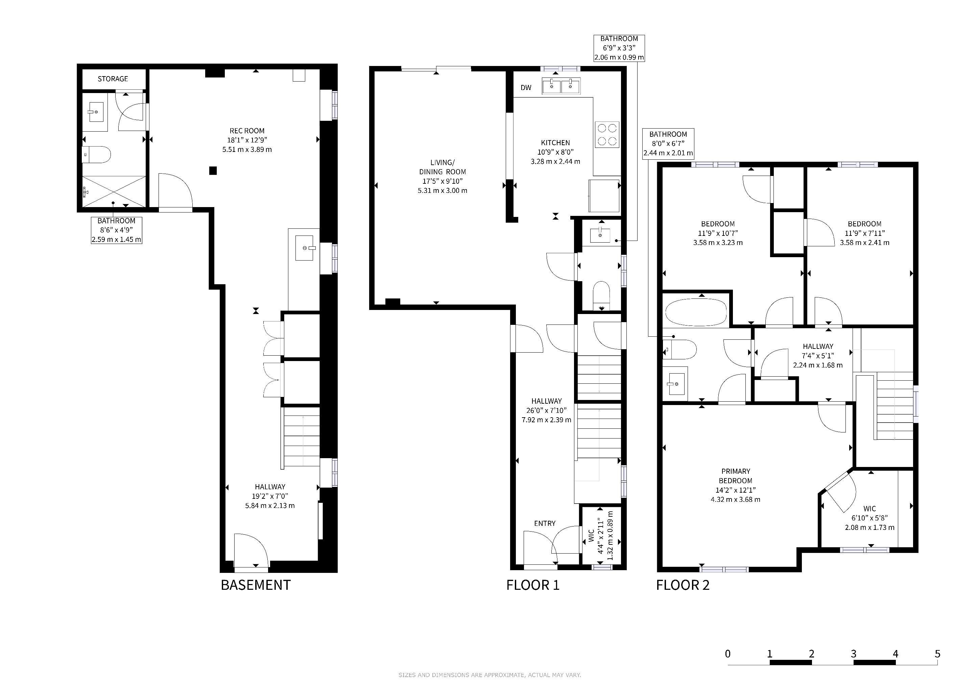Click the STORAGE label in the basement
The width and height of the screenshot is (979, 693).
[x=113, y=79]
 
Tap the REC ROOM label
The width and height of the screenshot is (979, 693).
[x=247, y=131]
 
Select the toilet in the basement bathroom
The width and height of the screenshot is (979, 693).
[x=96, y=155]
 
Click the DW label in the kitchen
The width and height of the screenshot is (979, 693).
[x=526, y=88]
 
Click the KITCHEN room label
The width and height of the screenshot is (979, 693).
[x=555, y=143]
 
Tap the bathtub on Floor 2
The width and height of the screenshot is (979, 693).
[x=696, y=312]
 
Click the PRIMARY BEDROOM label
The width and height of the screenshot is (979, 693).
[x=736, y=476]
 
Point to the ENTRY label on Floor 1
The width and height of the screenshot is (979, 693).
[x=545, y=523]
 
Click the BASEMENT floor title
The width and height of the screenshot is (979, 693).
[x=256, y=585]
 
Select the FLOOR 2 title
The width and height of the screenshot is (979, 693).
[x=683, y=585]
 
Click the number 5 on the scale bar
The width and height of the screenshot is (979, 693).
[x=937, y=653]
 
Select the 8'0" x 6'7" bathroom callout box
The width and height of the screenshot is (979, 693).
[x=668, y=144]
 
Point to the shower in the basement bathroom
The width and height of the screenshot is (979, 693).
[x=114, y=191]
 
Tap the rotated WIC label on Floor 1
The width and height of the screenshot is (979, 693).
[x=591, y=536]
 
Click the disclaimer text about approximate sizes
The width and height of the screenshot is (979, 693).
[x=489, y=675]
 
